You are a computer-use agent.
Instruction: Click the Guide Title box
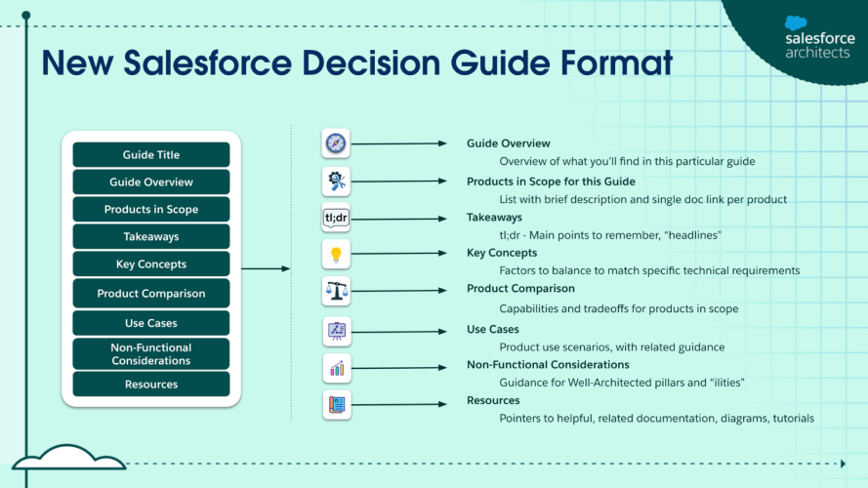[151, 154]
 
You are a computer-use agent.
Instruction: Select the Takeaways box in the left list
[151, 236]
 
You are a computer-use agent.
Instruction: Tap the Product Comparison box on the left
[151, 294]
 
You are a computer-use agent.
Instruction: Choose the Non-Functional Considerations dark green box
[151, 354]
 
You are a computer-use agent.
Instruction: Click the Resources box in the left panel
[151, 385]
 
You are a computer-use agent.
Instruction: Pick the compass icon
[336, 143]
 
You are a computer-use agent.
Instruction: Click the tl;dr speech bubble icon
[336, 218]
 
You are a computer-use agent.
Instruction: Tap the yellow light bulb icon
[336, 254]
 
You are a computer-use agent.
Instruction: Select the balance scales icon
[336, 290]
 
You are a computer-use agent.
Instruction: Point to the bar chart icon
[336, 368]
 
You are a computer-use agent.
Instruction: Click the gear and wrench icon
[336, 181]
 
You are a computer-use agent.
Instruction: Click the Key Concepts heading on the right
[502, 253]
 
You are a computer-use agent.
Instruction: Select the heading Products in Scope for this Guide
[551, 181]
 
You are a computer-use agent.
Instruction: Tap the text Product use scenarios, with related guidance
[611, 346]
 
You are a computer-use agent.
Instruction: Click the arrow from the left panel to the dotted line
[265, 268]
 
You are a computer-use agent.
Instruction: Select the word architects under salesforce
[817, 54]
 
